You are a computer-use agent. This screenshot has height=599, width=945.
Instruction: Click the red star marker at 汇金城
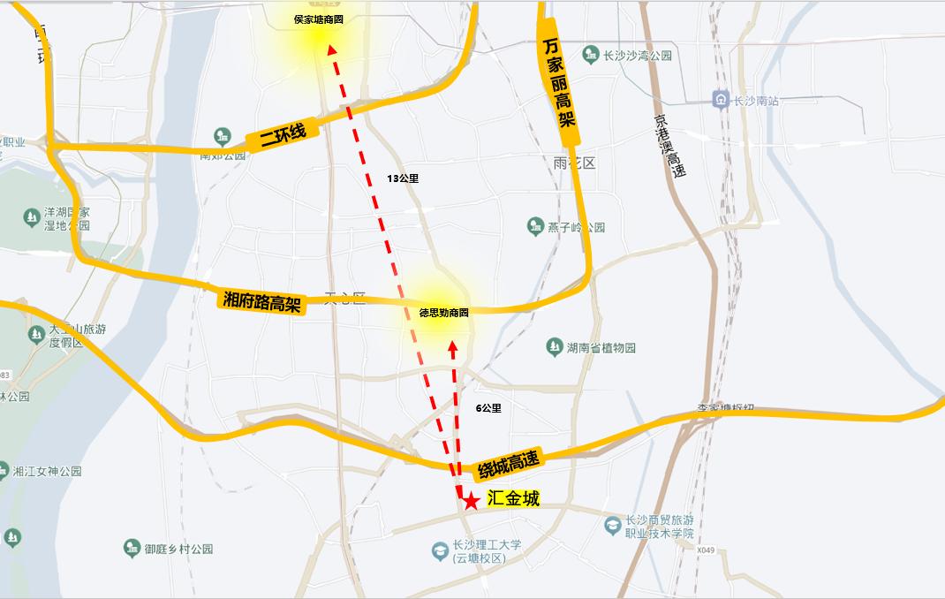pos(472,501)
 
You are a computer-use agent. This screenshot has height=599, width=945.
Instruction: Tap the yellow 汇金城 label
pos(513,499)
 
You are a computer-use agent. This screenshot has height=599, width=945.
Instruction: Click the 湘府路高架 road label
pos(261,300)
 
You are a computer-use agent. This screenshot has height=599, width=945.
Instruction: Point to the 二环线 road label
pos(282,134)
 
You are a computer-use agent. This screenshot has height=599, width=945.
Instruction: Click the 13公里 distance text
pos(403,178)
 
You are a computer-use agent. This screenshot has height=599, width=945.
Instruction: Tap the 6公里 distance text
pos(488,408)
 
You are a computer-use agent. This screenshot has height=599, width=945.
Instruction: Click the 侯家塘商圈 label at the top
pos(319,19)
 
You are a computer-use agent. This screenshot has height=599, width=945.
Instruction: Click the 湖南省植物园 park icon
pos(555,347)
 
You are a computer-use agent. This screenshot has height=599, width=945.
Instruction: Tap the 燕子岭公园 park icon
pos(534,227)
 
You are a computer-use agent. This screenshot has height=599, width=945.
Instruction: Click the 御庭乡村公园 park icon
pos(132,549)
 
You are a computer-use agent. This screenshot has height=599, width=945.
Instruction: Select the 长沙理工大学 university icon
pos(439,551)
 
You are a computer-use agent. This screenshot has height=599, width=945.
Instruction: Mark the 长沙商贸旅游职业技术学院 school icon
pos(611,526)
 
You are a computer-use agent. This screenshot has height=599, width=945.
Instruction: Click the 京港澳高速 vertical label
pos(670,147)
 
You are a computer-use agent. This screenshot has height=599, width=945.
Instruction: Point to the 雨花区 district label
pos(575,163)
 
